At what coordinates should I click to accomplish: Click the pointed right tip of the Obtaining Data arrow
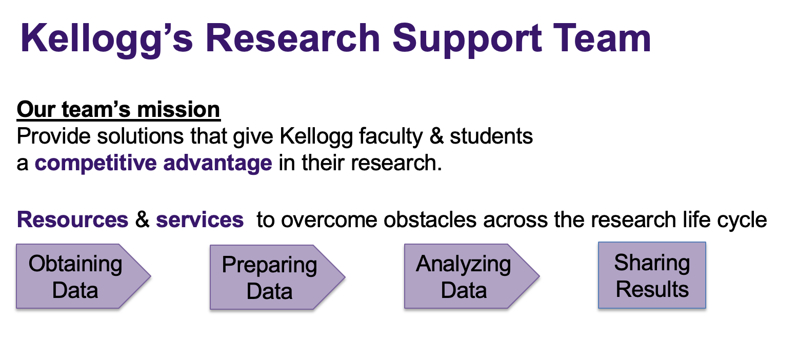click(x=151, y=276)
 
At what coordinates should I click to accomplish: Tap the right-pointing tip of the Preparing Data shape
click(x=345, y=277)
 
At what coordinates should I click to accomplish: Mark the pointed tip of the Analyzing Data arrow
click(x=540, y=276)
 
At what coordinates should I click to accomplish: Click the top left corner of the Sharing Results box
click(x=599, y=242)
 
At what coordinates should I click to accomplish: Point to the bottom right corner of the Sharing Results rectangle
click(x=706, y=308)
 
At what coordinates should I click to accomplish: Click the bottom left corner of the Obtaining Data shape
click(x=16, y=308)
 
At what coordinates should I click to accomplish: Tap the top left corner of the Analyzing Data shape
click(x=405, y=244)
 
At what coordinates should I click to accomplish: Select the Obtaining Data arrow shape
click(x=84, y=276)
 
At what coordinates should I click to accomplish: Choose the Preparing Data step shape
click(x=277, y=277)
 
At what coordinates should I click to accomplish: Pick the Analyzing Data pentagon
click(x=472, y=276)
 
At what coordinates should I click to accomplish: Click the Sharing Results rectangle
click(x=652, y=275)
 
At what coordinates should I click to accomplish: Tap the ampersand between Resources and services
click(x=142, y=219)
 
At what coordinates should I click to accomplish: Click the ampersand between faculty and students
click(x=436, y=136)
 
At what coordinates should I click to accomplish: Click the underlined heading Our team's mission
click(x=118, y=109)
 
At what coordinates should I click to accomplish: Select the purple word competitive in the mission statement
click(x=96, y=163)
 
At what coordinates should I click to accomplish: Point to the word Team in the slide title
click(x=602, y=38)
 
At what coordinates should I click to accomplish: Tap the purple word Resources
click(x=73, y=219)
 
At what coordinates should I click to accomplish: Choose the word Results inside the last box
click(x=652, y=289)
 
